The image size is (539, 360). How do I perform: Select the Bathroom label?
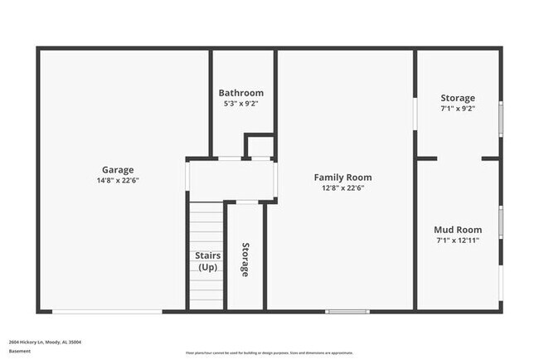click(241, 93)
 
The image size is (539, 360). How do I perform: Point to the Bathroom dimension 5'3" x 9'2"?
click(241, 104)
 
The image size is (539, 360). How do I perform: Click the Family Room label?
click(342, 177)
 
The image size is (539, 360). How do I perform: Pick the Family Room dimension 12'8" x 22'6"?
click(342, 188)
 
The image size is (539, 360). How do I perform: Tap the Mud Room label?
click(458, 230)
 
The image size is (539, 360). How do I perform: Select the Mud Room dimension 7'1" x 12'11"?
click(458, 241)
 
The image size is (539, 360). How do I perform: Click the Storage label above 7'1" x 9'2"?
click(458, 98)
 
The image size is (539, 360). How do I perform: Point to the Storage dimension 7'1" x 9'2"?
click(458, 109)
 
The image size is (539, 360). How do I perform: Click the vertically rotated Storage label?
click(245, 260)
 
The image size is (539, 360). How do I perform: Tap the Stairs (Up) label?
click(207, 261)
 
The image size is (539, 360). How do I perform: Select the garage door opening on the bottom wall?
click(107, 312)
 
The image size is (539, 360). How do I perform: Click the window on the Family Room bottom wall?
click(347, 312)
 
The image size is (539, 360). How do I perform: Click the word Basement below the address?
click(20, 351)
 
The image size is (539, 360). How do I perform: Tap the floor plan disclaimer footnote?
click(269, 351)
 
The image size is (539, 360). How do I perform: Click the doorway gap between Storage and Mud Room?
click(459, 158)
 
